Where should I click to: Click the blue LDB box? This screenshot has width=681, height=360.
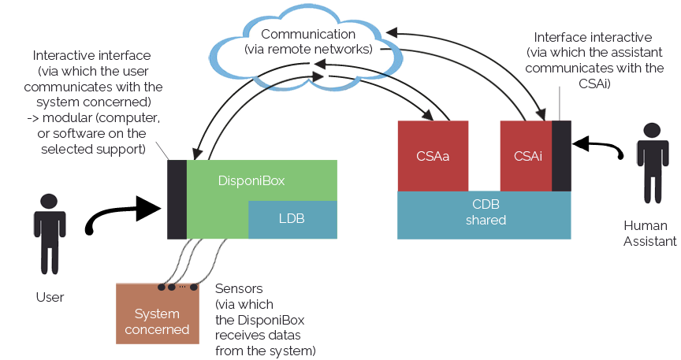pyautogui.click(x=292, y=219)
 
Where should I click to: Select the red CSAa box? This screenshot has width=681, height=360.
pyautogui.click(x=433, y=156)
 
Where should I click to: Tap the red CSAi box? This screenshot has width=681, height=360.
pyautogui.click(x=527, y=156)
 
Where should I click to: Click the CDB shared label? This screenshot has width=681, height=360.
pyautogui.click(x=486, y=212)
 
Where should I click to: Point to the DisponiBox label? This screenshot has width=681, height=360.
pyautogui.click(x=251, y=180)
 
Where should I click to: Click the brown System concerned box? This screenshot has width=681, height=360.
pyautogui.click(x=157, y=314)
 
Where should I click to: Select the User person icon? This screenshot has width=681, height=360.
pyautogui.click(x=50, y=234)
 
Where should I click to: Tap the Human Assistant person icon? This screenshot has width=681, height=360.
pyautogui.click(x=653, y=163)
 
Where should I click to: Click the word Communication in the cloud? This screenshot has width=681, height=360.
pyautogui.click(x=308, y=34)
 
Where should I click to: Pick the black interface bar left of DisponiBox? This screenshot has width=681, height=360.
pyautogui.click(x=177, y=199)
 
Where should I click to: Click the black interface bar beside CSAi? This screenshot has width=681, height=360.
pyautogui.click(x=561, y=156)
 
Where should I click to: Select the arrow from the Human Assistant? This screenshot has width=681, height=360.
pyautogui.click(x=598, y=146)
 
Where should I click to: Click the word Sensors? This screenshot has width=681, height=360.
pyautogui.click(x=239, y=289)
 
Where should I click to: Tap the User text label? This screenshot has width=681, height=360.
pyautogui.click(x=50, y=297)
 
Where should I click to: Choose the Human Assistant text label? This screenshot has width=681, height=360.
pyautogui.click(x=649, y=233)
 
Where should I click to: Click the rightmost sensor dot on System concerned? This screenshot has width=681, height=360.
pyautogui.click(x=194, y=287)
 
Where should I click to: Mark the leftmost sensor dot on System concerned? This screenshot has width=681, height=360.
pyautogui.click(x=162, y=287)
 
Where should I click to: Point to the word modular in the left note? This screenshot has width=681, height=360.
pyautogui.click(x=66, y=118)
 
